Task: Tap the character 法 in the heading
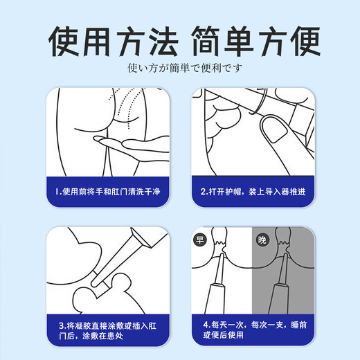[163, 42]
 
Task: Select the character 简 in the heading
[207, 42]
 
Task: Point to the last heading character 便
[305, 42]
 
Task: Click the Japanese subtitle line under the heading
[185, 68]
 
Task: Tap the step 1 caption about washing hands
[107, 192]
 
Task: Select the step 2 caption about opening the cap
[253, 192]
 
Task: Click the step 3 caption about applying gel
[107, 331]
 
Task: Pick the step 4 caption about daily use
[255, 330]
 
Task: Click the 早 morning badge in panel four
[199, 240]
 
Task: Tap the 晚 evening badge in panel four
[262, 240]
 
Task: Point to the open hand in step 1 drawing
[132, 146]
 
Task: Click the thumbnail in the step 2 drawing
[275, 129]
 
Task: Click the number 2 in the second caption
[203, 192]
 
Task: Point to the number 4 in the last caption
[206, 325]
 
